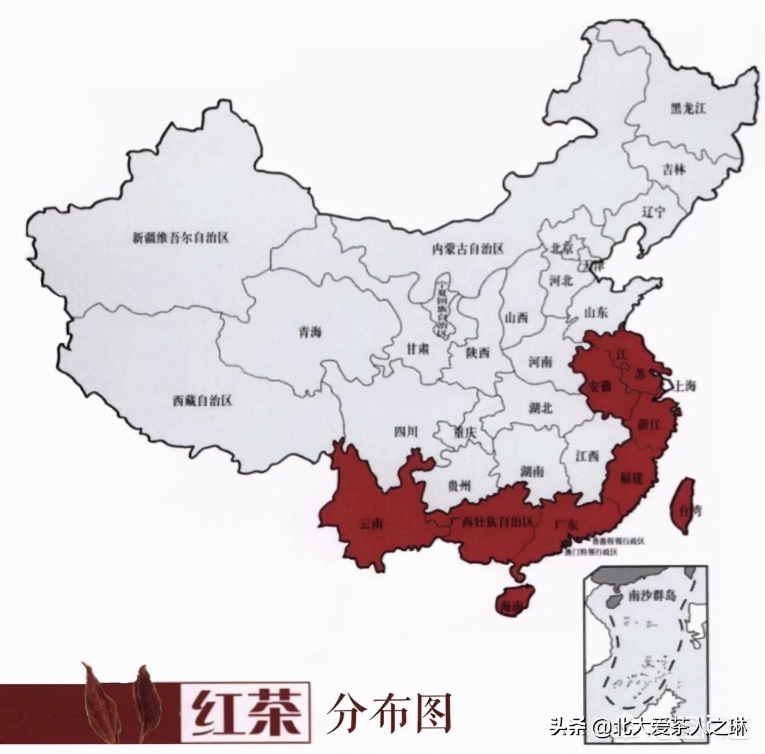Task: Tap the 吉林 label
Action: tap(675, 169)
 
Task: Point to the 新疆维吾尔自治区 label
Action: tap(181, 238)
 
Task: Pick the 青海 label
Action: tap(310, 332)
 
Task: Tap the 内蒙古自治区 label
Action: tap(468, 249)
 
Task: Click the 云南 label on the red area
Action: tap(371, 525)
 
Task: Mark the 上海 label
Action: tap(685, 386)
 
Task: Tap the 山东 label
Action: tap(596, 312)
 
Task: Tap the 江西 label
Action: tap(587, 456)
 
